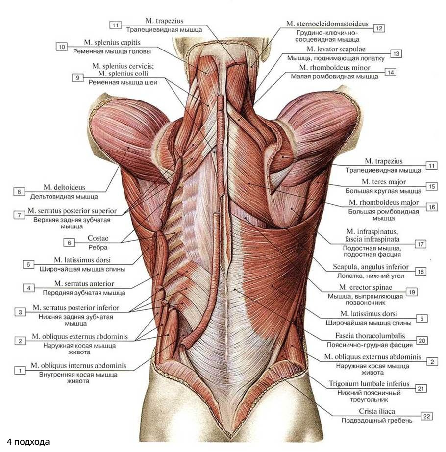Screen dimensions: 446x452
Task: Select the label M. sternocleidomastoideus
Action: [x=326, y=24]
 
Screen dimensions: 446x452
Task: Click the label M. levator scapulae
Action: [x=336, y=49]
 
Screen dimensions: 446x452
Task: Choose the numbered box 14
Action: [x=390, y=72]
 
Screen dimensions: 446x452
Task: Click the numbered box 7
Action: [x=20, y=215]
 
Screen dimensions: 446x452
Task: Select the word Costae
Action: [x=98, y=238]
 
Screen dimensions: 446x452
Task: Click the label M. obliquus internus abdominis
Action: [x=78, y=366]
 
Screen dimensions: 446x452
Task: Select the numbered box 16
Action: [x=431, y=207]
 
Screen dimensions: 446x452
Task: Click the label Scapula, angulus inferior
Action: [x=370, y=267]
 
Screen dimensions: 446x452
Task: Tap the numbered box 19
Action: [x=411, y=292]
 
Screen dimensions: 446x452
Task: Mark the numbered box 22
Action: [x=426, y=416]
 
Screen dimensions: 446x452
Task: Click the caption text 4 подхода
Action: [x=28, y=442]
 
